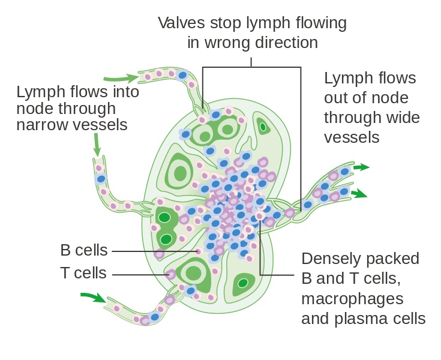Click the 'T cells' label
pyautogui.click(x=83, y=274)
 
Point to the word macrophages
pyautogui.click(x=352, y=298)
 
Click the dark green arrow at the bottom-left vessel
pyautogui.click(x=92, y=296)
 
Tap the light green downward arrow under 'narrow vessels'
pyautogui.click(x=97, y=145)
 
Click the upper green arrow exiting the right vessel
pyautogui.click(x=361, y=167)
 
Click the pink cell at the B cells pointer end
pyautogui.click(x=198, y=251)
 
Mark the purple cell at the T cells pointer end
pyautogui.click(x=172, y=275)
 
